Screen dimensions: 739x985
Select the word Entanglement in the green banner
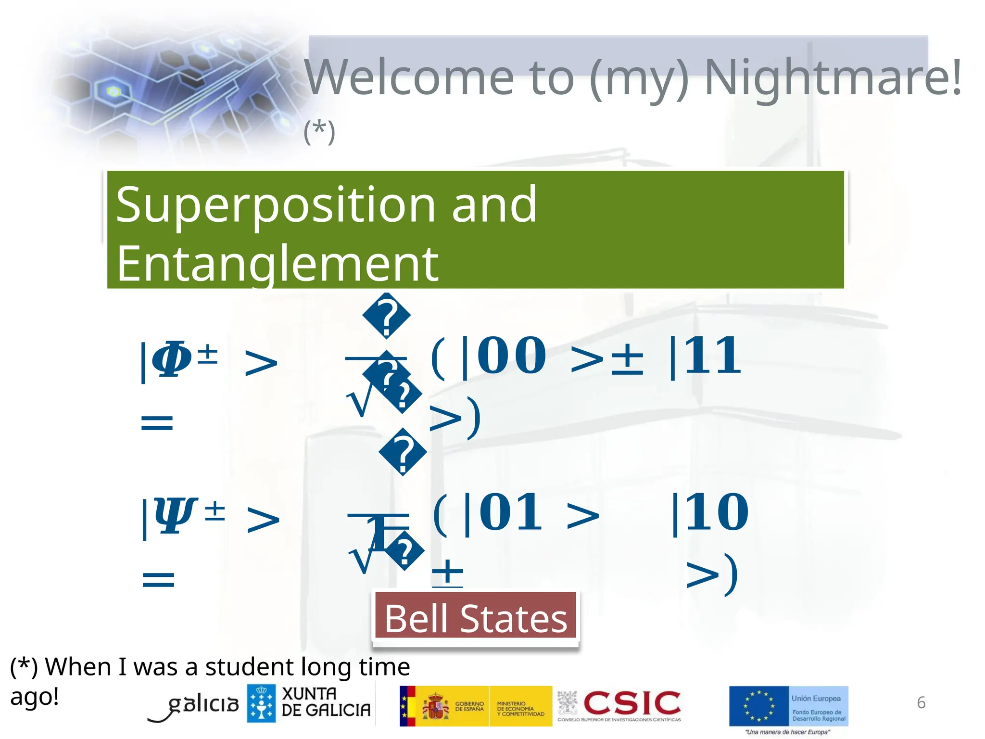coord(277,264)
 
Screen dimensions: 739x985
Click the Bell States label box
coord(476,618)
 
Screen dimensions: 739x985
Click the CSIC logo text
coord(631,703)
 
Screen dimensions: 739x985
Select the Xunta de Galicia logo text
coord(326,702)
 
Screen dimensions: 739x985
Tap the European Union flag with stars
coord(758,706)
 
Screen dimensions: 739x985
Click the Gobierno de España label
coord(469,706)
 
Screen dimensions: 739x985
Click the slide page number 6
coord(921,702)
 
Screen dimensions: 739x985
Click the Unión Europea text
coord(816,698)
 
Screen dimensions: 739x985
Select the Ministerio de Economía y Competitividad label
coord(520,709)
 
